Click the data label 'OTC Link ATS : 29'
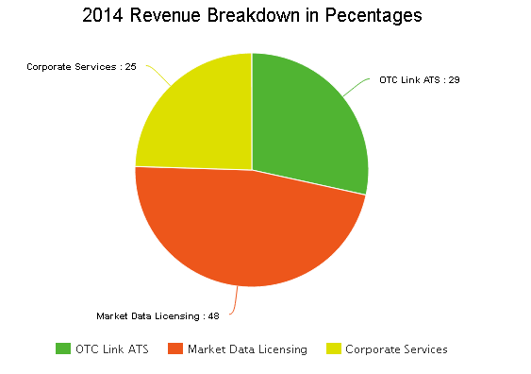pos(419,79)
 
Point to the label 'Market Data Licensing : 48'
pos(158,315)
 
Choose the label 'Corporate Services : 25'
pos(81,66)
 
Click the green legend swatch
pos(63,348)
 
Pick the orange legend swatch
pos(174,348)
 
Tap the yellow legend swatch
pos(333,348)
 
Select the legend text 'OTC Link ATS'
pos(112,349)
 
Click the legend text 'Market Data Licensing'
pos(247,349)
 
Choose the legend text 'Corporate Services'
pos(396,349)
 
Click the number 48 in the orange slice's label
pos(213,315)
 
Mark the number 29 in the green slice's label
pos(454,79)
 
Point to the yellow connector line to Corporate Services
pos(158,76)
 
